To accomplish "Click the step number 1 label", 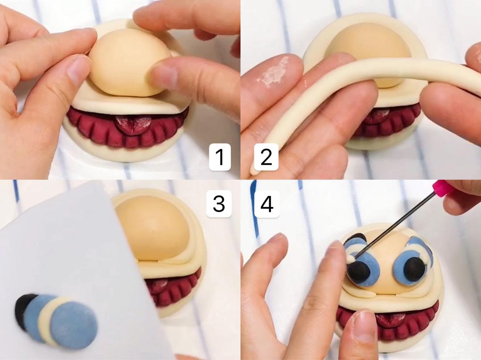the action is [x=220, y=157].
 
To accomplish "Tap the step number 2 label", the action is [x=266, y=157].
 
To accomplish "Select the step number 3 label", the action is [x=219, y=203].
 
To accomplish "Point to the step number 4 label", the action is [x=267, y=203].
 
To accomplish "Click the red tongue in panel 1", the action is [x=133, y=125].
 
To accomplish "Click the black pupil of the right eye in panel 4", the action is [x=415, y=269].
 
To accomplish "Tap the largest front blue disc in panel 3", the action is [x=73, y=325].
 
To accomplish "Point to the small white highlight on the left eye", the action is [x=351, y=259].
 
